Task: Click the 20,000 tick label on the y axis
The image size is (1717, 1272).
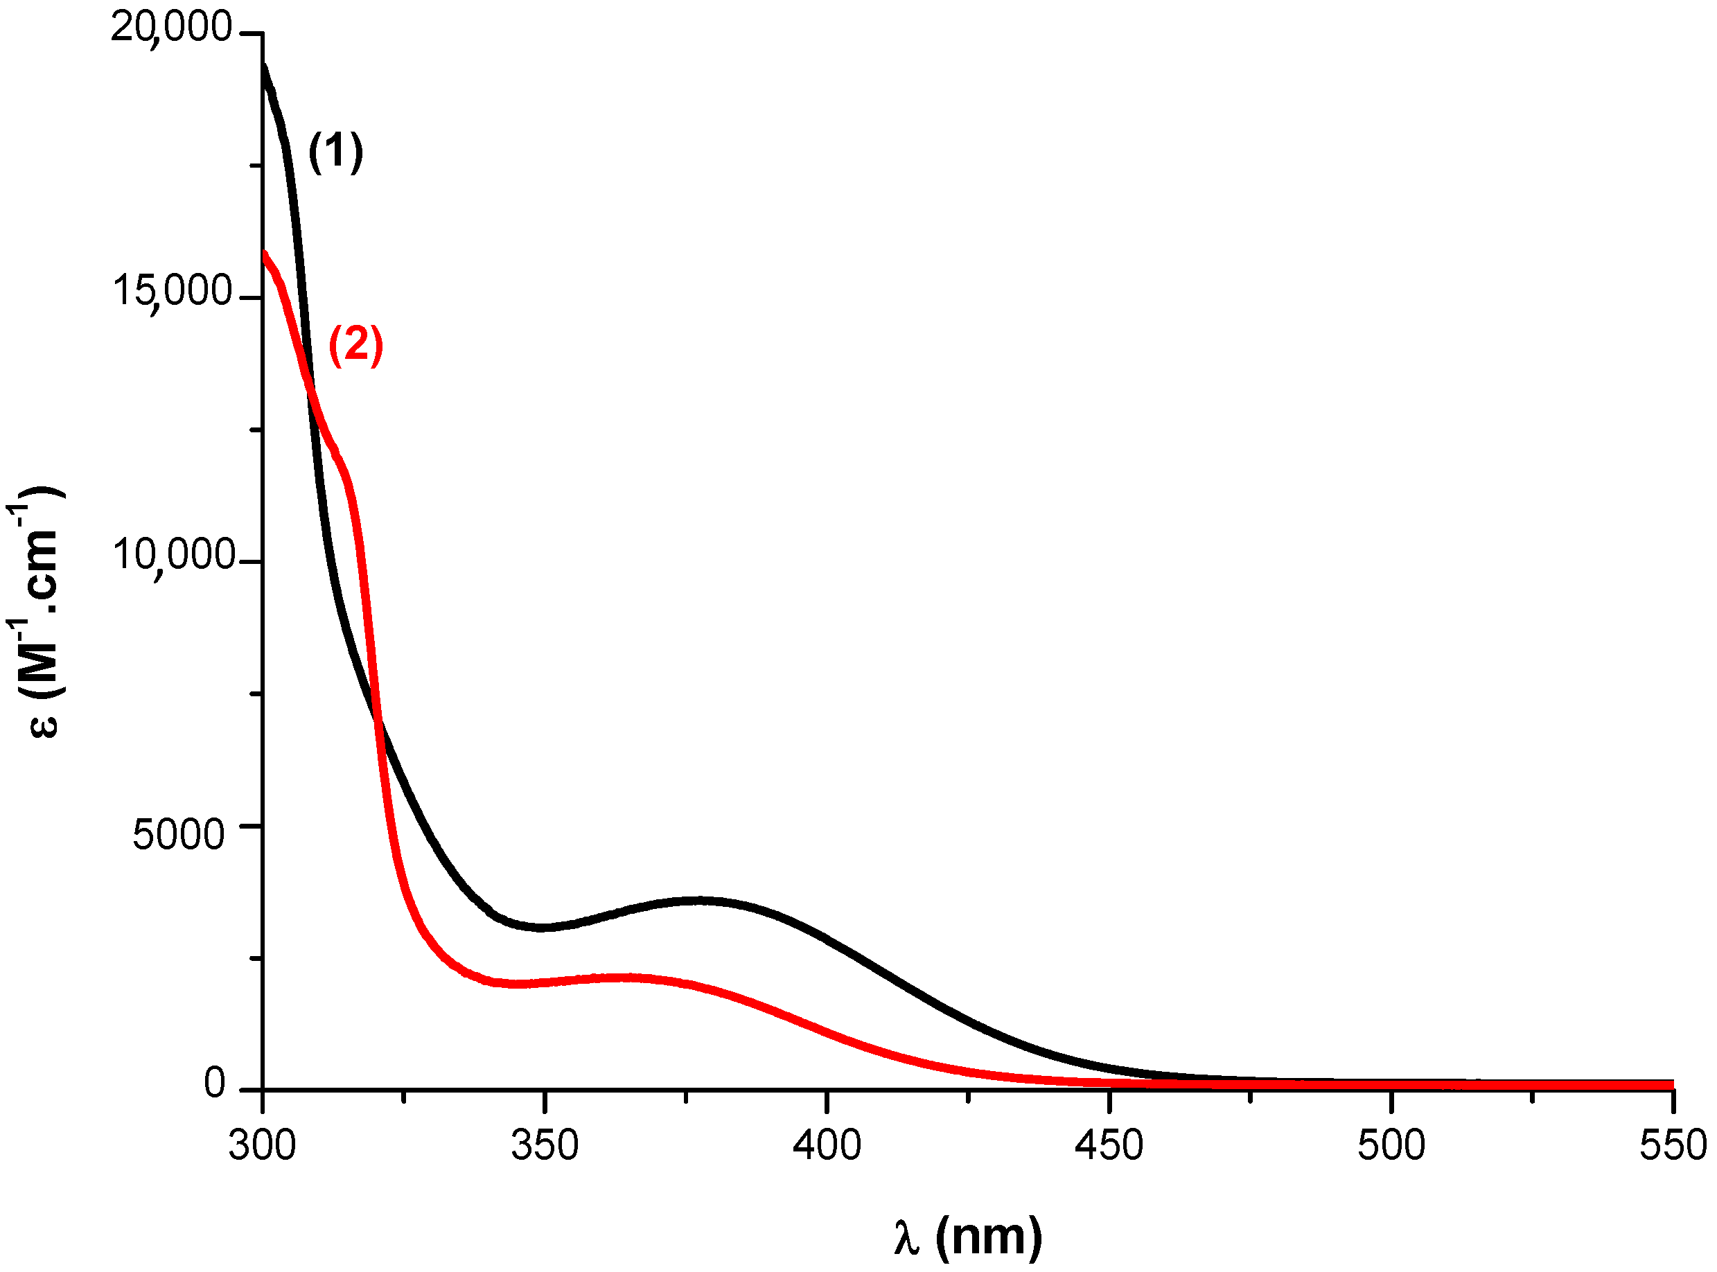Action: click(x=171, y=28)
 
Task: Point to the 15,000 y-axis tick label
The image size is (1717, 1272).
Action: click(x=172, y=292)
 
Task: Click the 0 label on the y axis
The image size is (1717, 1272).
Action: click(x=214, y=1084)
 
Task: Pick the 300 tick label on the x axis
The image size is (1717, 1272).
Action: click(x=262, y=1146)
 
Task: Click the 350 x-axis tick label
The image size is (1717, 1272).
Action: click(x=545, y=1146)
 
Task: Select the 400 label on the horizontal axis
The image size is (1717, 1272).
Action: click(x=827, y=1146)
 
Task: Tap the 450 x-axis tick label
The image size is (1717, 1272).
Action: click(x=1109, y=1146)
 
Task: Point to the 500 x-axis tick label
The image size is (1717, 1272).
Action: click(x=1391, y=1146)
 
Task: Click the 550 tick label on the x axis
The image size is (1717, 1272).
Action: click(x=1673, y=1146)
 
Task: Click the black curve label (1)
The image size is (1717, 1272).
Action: click(x=335, y=152)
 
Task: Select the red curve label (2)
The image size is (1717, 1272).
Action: click(x=355, y=345)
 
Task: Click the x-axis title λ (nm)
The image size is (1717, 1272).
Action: click(x=968, y=1238)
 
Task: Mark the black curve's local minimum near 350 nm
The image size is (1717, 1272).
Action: click(x=542, y=927)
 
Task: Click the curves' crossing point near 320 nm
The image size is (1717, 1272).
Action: click(x=377, y=718)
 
